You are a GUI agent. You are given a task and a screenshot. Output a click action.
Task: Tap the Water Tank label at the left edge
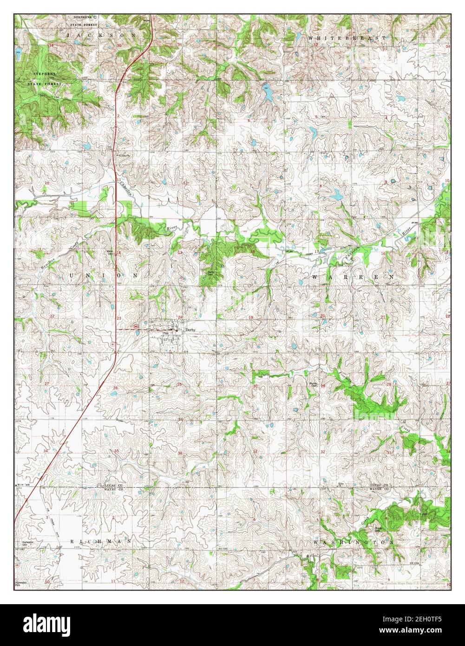[23, 485]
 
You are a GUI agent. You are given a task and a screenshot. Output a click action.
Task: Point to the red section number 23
[119, 317]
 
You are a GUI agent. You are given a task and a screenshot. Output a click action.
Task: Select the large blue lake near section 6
[268, 95]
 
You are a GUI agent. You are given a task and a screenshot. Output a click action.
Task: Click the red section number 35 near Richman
[117, 451]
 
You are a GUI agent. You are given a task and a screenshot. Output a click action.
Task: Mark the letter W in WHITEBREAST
[311, 37]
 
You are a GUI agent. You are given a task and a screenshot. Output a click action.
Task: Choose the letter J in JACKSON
[69, 35]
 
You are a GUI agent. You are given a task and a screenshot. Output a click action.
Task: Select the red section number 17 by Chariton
[316, 251]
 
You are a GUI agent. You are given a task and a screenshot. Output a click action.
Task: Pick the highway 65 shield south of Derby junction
[113, 343]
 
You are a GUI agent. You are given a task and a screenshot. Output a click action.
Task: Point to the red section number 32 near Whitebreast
[315, 45]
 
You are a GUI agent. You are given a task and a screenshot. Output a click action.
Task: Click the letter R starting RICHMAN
[72, 542]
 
